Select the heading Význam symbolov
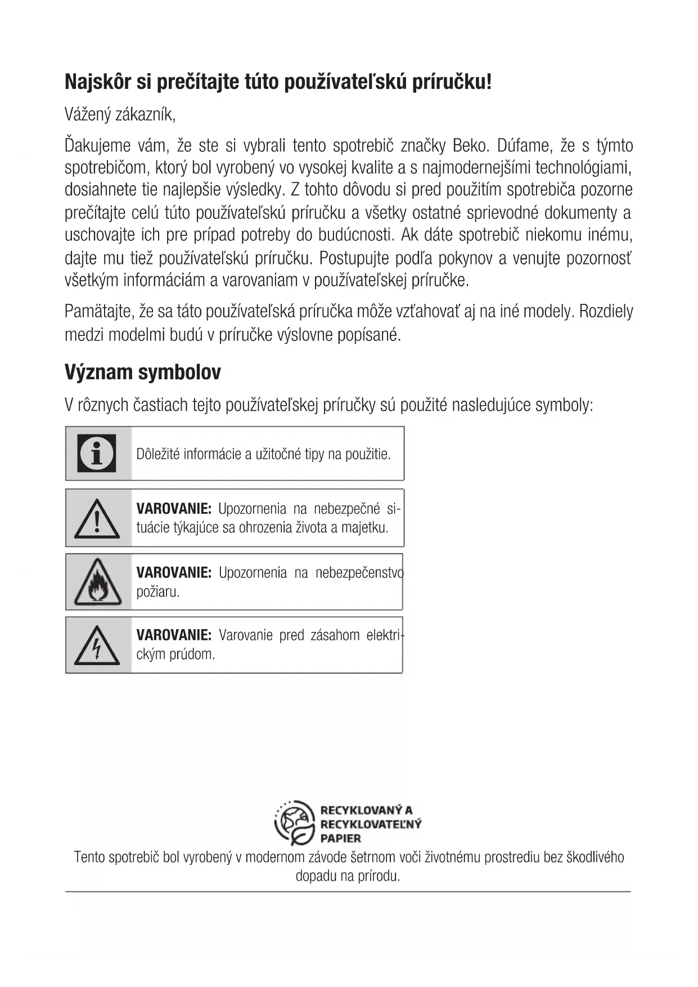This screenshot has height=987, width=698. pyautogui.click(x=143, y=372)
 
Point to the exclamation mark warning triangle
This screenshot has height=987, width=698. pyautogui.click(x=97, y=519)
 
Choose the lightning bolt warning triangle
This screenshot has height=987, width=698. pyautogui.click(x=97, y=645)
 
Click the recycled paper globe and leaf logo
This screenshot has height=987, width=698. pyautogui.click(x=294, y=823)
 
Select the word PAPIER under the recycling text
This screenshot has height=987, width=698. pyautogui.click(x=340, y=838)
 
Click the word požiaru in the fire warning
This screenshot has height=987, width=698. pyautogui.click(x=157, y=592)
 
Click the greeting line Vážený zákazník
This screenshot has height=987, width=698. pyautogui.click(x=120, y=115)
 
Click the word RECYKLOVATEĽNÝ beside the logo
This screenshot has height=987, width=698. pyautogui.click(x=371, y=824)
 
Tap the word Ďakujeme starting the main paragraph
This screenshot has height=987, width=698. pyautogui.click(x=97, y=146)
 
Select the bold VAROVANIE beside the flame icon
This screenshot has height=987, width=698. pyautogui.click(x=174, y=573)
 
